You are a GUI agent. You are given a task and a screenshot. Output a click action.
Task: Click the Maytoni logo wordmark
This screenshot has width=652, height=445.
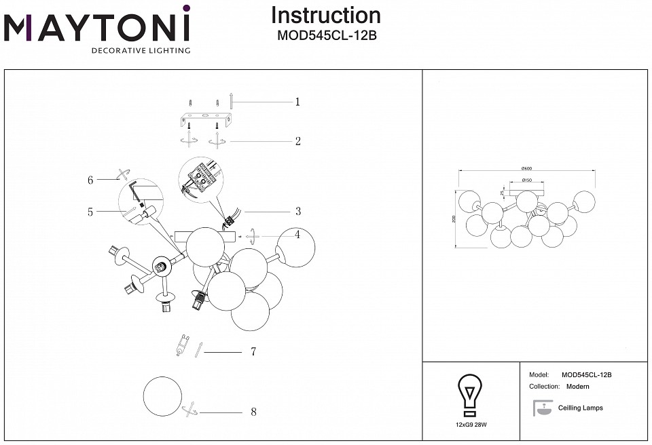pos(98,28)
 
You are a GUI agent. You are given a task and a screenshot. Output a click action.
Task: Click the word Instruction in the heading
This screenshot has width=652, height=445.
pos(326,16)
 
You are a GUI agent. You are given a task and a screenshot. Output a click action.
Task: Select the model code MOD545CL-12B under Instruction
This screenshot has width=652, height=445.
pos(327,36)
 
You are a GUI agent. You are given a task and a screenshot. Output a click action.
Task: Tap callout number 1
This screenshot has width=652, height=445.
pos(297,102)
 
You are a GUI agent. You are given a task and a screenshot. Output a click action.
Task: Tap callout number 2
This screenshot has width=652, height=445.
pos(297,142)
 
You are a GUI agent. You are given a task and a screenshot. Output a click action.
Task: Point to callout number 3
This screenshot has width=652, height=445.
pos(297,212)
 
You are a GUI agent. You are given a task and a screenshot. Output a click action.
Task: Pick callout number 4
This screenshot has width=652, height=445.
pos(297,235)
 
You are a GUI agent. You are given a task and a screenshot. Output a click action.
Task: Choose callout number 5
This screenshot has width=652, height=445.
pos(90,212)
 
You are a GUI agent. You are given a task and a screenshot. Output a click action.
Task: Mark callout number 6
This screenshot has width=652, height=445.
pos(90,180)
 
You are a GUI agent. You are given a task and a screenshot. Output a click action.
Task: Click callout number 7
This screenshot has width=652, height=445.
pos(253,352)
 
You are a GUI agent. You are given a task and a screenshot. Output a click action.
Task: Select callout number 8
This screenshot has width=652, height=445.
pos(253,412)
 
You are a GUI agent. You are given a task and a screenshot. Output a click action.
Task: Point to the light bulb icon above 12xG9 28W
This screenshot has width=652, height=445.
pos(470,395)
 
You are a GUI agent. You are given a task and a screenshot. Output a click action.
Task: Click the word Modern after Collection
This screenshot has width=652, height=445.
pos(578,387)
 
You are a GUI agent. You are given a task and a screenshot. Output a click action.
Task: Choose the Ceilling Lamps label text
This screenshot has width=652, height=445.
pos(580,408)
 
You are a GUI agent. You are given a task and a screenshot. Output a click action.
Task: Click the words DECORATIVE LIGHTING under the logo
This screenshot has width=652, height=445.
pos(141,50)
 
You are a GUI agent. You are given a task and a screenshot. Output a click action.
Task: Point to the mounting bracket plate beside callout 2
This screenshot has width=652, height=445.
pos(206,121)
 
